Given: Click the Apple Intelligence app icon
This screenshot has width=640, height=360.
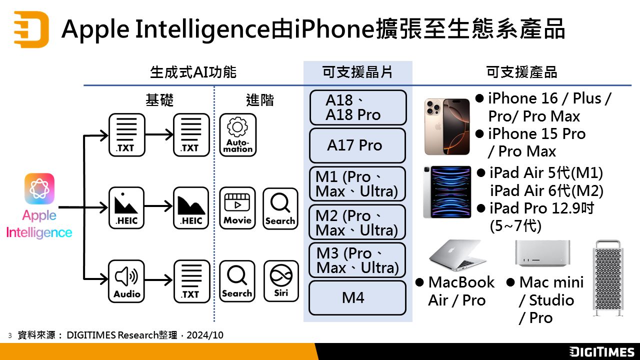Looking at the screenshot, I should pyautogui.click(x=39, y=188).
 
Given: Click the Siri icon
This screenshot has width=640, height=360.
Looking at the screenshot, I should pyautogui.click(x=281, y=281).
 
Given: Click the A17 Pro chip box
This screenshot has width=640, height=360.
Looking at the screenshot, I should pyautogui.click(x=357, y=145).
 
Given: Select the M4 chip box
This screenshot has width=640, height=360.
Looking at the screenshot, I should pyautogui.click(x=357, y=298).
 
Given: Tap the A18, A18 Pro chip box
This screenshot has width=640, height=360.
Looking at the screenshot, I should pyautogui.click(x=357, y=107).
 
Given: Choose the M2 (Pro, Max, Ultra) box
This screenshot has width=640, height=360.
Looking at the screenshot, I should pyautogui.click(x=357, y=222).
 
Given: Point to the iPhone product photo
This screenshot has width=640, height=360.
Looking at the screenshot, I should pyautogui.click(x=447, y=126).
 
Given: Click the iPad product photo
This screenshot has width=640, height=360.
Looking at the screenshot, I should pyautogui.click(x=447, y=192).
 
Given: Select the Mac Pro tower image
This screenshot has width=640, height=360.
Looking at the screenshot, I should pyautogui.click(x=608, y=278).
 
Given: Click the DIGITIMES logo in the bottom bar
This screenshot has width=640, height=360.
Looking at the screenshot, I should pyautogui.click(x=601, y=351).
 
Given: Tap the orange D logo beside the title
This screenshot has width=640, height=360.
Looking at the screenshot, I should pyautogui.click(x=31, y=28).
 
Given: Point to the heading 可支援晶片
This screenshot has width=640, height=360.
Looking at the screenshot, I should pyautogui.click(x=357, y=72).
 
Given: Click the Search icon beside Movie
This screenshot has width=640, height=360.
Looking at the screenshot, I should pyautogui.click(x=280, y=208).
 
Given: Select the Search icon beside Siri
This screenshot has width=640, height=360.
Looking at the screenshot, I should pyautogui.click(x=237, y=281).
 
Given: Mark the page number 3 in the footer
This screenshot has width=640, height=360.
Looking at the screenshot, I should pyautogui.click(x=9, y=335).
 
